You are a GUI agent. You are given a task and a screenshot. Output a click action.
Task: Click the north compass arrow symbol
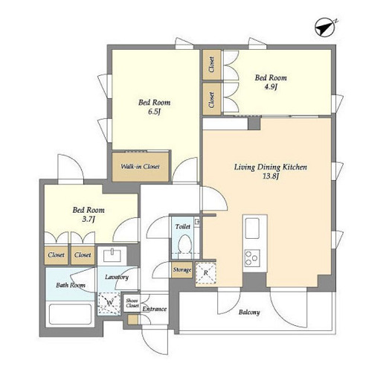coord(325,28)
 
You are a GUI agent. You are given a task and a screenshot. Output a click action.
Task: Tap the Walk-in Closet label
coord(140,167)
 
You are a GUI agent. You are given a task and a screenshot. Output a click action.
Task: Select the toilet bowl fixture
coord(184,245)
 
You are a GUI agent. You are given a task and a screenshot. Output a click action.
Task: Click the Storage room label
coord(182,270)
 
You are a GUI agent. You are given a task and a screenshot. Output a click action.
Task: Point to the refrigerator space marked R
coord(206,272)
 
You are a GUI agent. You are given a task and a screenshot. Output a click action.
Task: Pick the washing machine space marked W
coord(109,304)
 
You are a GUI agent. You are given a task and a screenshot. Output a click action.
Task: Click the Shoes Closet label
coord(132,303)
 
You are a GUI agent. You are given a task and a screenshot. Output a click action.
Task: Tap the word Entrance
coord(154,309)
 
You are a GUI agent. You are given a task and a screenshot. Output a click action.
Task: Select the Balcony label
coord(249,313)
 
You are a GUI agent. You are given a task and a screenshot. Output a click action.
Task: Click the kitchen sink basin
coord(252,228)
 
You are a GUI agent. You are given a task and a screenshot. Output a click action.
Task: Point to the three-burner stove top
coord(252,258)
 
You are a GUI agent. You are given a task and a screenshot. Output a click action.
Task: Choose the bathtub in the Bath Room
coord(70,314)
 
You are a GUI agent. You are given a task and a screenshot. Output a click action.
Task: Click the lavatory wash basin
coord(112,255)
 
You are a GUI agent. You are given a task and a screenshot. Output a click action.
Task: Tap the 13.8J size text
coord(271,176)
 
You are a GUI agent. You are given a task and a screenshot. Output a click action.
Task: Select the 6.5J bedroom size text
coord(154,112)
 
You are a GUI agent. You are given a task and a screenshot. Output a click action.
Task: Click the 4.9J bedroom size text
coord(271,87)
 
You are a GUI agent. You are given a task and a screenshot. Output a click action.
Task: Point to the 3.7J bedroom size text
coord(89,220)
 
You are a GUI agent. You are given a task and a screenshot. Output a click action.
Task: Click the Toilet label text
coord(183,227)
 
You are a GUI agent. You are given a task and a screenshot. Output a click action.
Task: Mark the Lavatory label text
coord(117,278)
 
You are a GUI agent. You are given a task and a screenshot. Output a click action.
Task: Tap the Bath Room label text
coord(71,285)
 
